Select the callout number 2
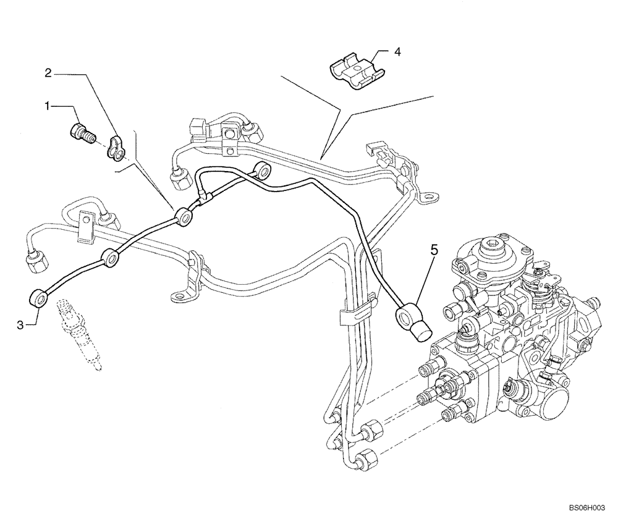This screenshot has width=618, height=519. point(48,73)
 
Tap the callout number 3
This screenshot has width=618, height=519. point(20,324)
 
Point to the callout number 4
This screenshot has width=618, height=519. point(397,52)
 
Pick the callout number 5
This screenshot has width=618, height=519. point(434,251)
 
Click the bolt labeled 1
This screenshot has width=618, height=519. point(78,132)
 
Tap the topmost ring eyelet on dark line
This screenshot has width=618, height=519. point(264,169)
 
